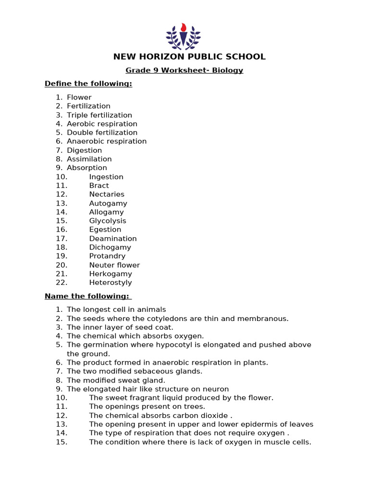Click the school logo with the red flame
coord(183,36)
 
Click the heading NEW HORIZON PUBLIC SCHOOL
coord(189,57)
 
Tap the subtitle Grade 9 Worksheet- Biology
coord(184,71)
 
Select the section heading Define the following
coord(88,84)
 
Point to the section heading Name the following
coord(88,296)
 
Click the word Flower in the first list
coord(79,98)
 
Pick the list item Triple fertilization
coord(99,115)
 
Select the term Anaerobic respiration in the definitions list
coord(107,141)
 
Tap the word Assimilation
coord(89,159)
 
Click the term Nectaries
coord(107,195)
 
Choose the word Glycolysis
coord(108,221)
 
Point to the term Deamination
coord(113,239)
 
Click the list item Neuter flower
coord(114,265)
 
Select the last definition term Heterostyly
coord(111,283)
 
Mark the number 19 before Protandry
coord(61,257)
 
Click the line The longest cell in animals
coord(116,310)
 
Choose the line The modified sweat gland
coord(116,381)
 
